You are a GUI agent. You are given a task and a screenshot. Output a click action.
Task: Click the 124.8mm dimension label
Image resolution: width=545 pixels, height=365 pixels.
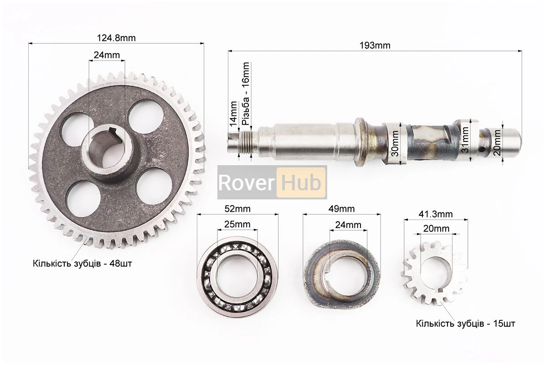click(x=116, y=37)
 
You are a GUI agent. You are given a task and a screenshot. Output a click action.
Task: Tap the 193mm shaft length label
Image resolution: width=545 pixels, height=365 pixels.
click(x=375, y=45)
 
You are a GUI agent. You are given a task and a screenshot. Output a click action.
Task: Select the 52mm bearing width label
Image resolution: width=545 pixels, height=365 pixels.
click(x=237, y=209)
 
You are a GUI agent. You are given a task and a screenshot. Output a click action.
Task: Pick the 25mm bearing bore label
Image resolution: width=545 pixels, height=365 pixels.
click(x=237, y=224)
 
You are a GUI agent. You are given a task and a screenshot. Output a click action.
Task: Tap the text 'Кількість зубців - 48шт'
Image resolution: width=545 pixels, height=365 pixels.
click(x=82, y=263)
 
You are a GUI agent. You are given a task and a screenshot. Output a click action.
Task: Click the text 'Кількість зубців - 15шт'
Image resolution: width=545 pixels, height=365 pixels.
click(x=465, y=323)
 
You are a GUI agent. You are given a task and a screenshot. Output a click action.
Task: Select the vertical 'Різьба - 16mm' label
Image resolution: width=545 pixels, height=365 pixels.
click(x=246, y=94)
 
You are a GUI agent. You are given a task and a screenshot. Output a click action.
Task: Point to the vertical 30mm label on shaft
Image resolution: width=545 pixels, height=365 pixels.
click(x=395, y=143)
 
